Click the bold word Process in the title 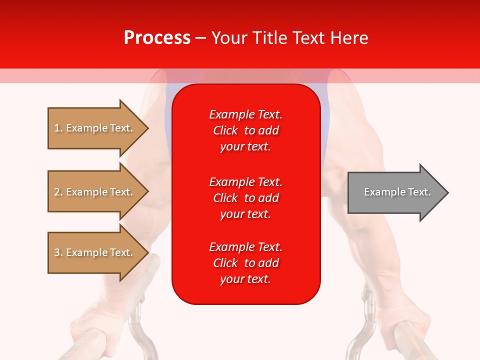tap(157, 38)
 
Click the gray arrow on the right tap(395, 192)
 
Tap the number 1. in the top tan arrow tap(58, 128)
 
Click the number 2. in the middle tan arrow tap(58, 192)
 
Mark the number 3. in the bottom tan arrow tap(58, 252)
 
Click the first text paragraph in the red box tap(245, 130)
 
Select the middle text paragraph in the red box tap(245, 198)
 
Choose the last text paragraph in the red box tap(245, 263)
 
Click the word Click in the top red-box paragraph tap(225, 131)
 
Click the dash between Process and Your tap(201, 38)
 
